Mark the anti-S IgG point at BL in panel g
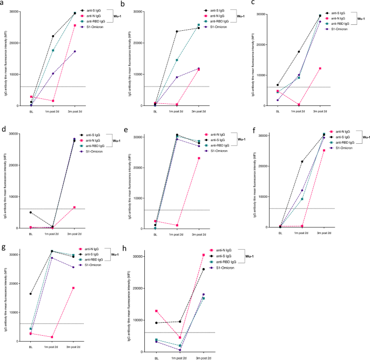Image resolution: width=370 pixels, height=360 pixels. [31, 294]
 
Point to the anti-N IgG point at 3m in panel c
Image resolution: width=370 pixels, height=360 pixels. [320, 68]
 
